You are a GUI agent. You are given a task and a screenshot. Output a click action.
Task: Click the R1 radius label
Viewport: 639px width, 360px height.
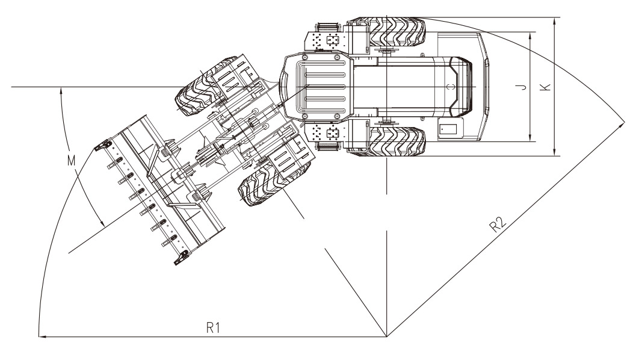(211, 327)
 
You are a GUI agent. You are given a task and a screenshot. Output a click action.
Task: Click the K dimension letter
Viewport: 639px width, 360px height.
(545, 87)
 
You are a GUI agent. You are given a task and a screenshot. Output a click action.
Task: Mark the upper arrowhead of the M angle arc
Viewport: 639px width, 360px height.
(60, 91)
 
